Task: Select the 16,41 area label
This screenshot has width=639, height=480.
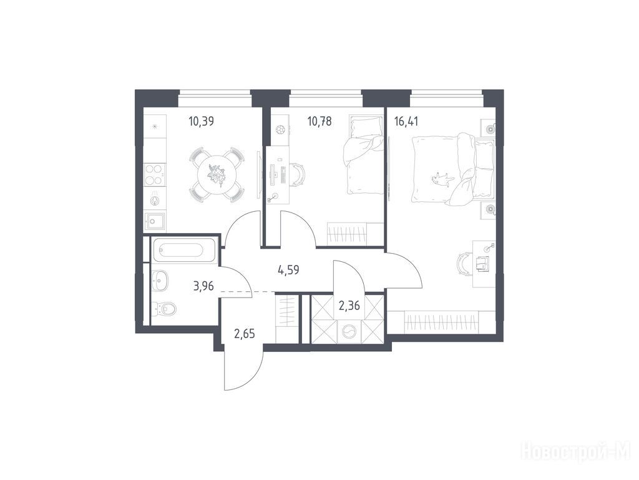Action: [x=406, y=121]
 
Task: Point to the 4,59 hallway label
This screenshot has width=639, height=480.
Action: [x=288, y=270]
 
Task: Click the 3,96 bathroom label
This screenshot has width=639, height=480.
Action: [x=204, y=286]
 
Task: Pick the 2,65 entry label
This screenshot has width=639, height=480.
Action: [x=244, y=334]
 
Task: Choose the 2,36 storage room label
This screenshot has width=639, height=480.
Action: [x=349, y=305]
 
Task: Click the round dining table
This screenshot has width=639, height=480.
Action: [x=217, y=176]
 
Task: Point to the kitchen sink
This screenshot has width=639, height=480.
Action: [x=155, y=222]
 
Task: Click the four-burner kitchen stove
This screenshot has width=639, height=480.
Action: [x=155, y=174]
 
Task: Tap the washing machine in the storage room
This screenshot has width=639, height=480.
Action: [x=349, y=331]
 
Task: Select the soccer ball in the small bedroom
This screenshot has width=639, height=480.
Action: [x=280, y=129]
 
